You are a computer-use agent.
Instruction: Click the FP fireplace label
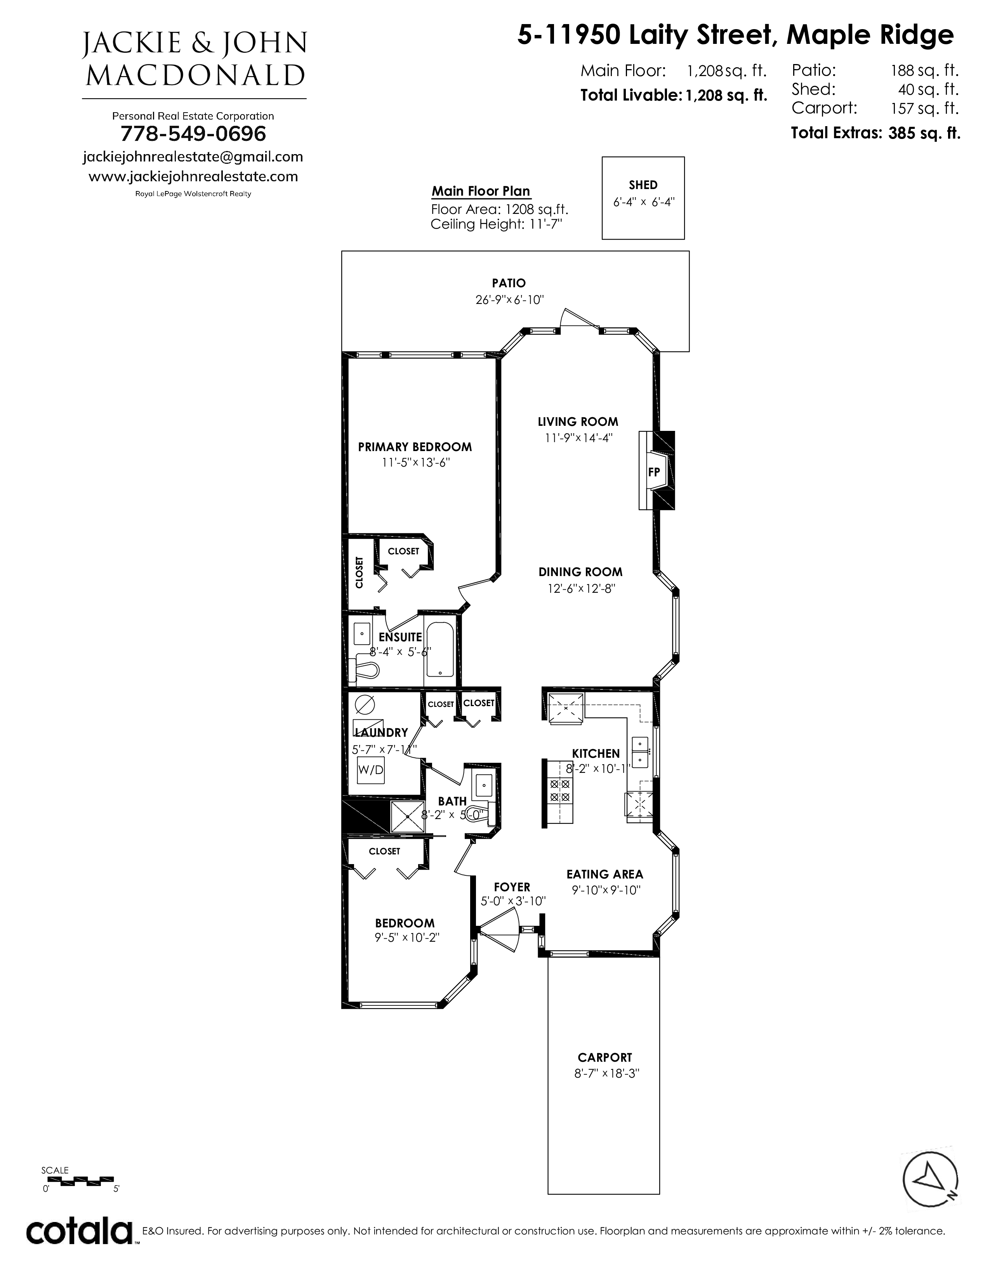654,472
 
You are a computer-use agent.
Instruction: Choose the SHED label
643,185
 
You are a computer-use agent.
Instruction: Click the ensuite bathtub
439,650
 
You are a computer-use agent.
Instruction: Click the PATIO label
509,283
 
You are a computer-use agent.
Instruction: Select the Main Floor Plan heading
481,191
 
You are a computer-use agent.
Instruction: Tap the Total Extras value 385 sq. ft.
924,133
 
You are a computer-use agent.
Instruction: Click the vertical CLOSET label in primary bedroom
359,573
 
